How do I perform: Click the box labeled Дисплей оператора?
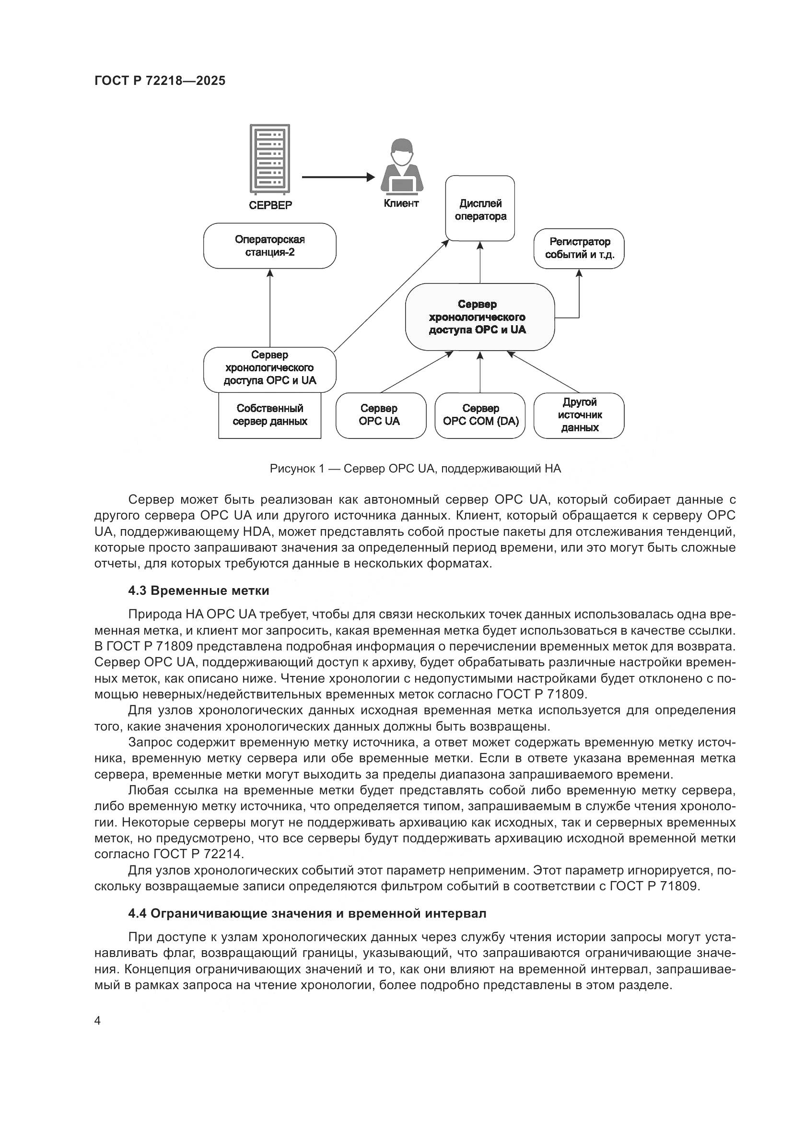pos(480,209)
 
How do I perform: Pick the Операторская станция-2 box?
pos(269,246)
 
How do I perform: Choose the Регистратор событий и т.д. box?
pos(579,248)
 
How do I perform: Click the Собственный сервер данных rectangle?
pos(269,415)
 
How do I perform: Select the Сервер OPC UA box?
pos(380,415)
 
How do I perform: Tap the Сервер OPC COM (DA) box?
pos(480,415)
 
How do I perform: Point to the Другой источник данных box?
pos(579,415)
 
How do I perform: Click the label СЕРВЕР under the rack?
pos(270,205)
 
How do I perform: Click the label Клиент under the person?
pos(401,203)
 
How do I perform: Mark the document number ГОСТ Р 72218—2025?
pos(160,81)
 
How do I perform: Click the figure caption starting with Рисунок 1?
pos(416,469)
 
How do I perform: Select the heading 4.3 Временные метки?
pos(199,591)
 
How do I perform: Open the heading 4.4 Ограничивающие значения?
pos(307,913)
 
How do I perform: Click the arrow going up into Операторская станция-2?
pos(270,308)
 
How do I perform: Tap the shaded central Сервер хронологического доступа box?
pos(480,317)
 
